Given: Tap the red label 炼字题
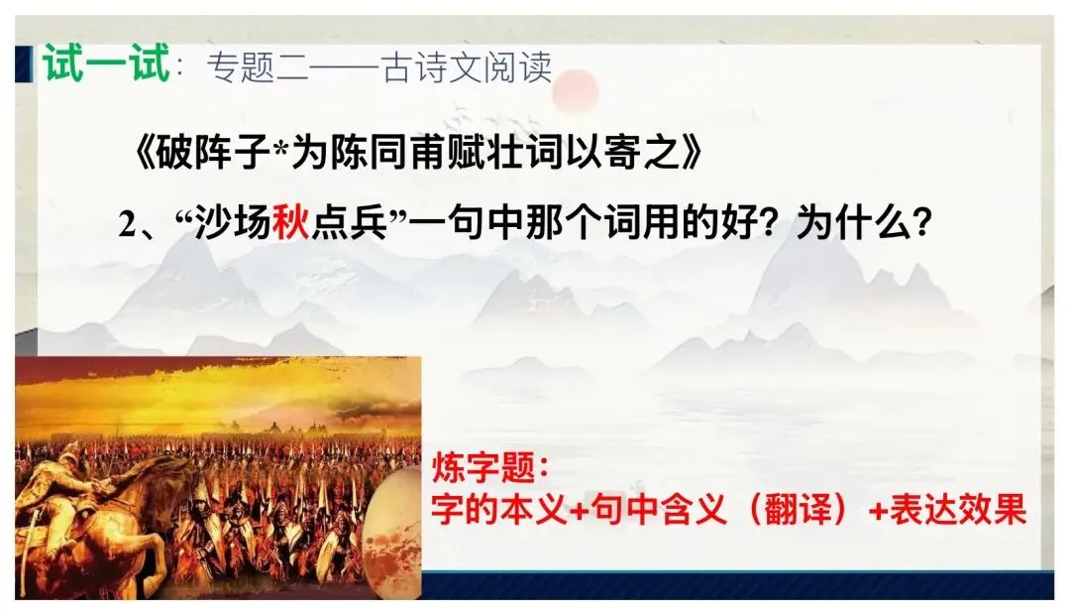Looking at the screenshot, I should [x=481, y=467].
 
